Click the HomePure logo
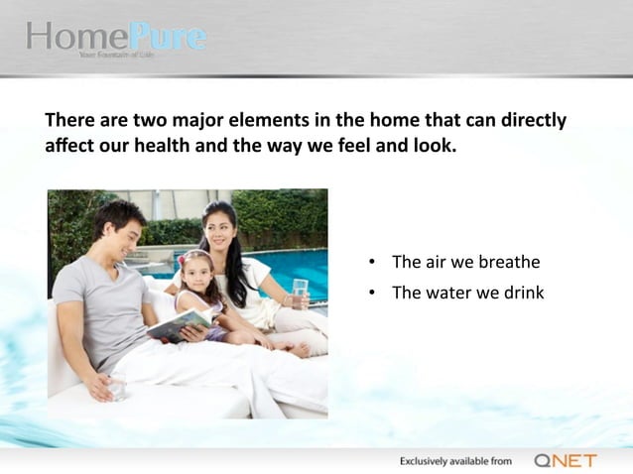(116, 38)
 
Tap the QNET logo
(565, 460)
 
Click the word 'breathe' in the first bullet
(509, 263)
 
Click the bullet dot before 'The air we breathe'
(370, 264)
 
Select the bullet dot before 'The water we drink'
(370, 294)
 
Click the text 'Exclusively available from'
(455, 461)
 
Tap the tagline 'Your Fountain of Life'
(116, 56)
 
